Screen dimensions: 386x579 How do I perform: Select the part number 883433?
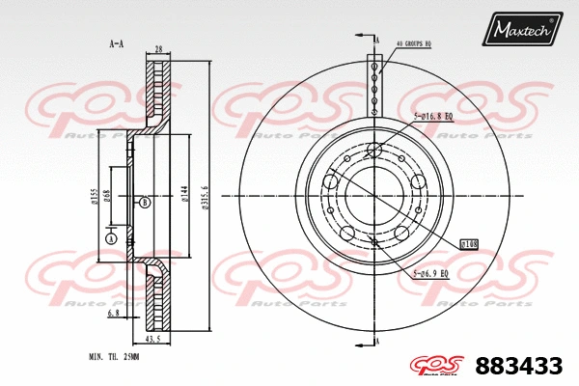[x=519, y=366]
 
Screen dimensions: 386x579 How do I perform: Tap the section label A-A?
[x=116, y=43]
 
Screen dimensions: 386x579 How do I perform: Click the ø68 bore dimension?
[x=107, y=196]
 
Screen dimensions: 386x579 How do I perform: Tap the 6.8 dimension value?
[x=113, y=313]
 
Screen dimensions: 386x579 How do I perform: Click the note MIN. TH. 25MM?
[x=115, y=357]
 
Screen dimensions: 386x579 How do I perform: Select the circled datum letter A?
[x=111, y=237]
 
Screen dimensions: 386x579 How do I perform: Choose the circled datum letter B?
[x=144, y=202]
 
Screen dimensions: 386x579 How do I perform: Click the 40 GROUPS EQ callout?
[x=414, y=43]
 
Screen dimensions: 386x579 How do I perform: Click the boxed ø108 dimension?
[x=470, y=244]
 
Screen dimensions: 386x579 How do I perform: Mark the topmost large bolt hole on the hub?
[x=374, y=150]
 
